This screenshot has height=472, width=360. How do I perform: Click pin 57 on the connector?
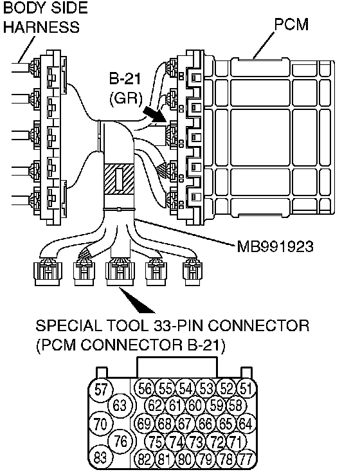(x=100, y=389)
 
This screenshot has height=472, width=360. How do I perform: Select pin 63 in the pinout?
(x=120, y=405)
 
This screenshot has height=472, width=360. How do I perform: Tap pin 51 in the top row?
(x=246, y=388)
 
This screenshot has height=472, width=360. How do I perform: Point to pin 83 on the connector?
(x=100, y=458)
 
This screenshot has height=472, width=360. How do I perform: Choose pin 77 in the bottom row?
(x=246, y=460)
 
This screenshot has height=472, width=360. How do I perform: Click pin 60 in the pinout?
(x=195, y=405)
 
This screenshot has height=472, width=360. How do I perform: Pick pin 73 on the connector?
(x=196, y=442)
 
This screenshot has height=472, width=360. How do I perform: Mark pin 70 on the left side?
(x=100, y=424)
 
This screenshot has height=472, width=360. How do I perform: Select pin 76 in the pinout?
(x=121, y=441)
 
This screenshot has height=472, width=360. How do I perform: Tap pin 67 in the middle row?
(x=185, y=424)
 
